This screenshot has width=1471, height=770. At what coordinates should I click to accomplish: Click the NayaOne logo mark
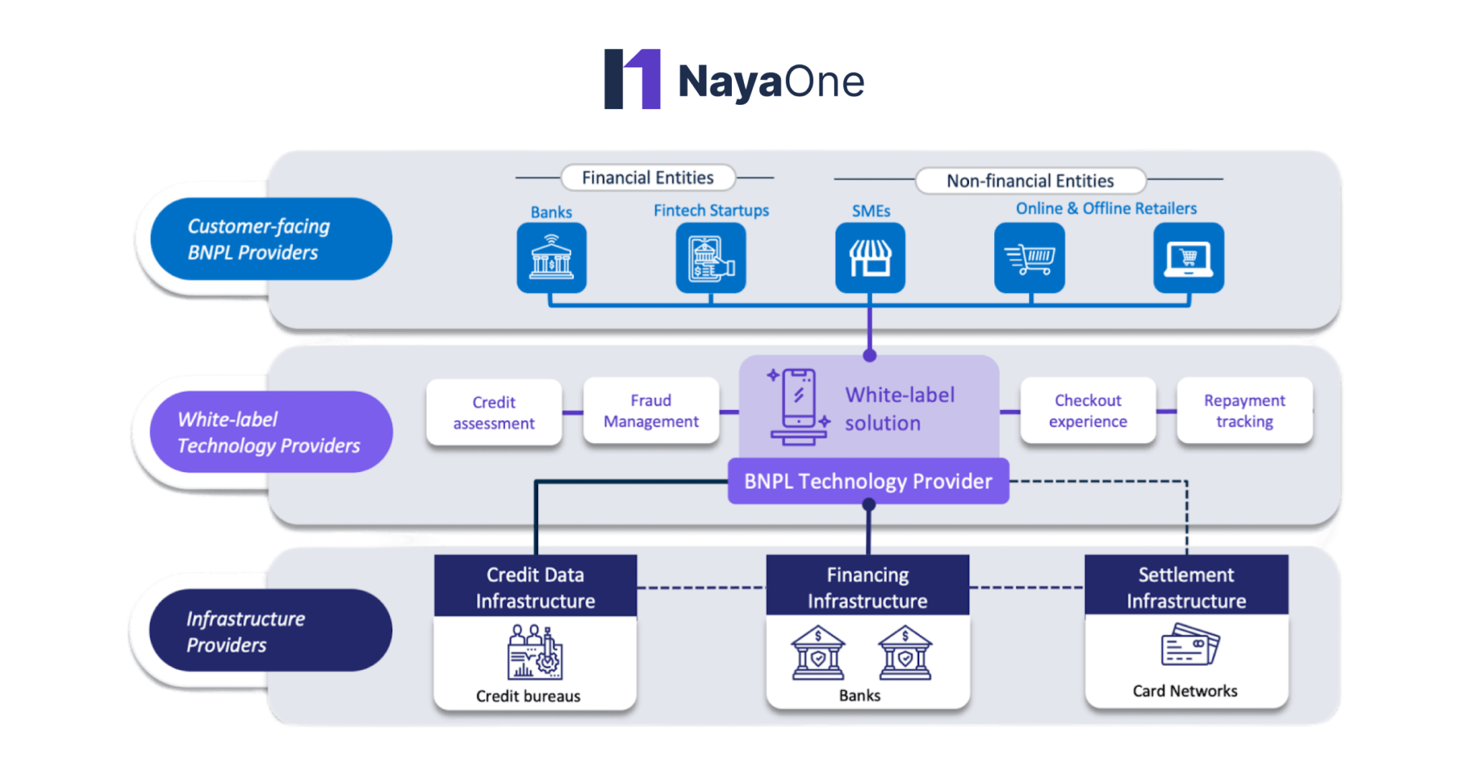(x=632, y=79)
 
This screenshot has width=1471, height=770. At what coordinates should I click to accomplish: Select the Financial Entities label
(x=647, y=177)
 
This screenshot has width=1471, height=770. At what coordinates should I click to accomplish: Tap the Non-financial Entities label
(x=1030, y=180)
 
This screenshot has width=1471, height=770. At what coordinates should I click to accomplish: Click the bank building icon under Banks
(x=552, y=258)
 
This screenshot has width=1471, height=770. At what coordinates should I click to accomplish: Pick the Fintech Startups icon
(x=710, y=258)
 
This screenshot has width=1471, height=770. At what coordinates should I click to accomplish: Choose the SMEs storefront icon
(x=870, y=258)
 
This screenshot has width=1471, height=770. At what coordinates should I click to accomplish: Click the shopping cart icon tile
(x=1029, y=258)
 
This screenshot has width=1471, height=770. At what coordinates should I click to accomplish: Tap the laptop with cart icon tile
(x=1189, y=258)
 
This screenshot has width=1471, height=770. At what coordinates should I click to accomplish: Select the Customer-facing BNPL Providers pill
(x=271, y=239)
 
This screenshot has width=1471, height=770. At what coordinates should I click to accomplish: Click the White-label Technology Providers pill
(x=271, y=432)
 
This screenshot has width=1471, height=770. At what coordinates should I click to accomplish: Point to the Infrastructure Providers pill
(x=271, y=631)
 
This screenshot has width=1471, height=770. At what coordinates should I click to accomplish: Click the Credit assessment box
(x=494, y=412)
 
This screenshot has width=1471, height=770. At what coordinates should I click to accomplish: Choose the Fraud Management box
(x=651, y=411)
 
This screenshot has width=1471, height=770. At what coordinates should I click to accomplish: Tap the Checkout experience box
(x=1087, y=411)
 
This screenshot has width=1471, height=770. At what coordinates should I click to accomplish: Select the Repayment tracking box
(x=1245, y=411)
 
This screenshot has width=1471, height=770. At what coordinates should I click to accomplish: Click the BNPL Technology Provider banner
(x=868, y=481)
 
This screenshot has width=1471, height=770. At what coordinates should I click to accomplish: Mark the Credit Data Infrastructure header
(x=535, y=587)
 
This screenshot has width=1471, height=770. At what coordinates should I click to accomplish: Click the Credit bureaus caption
(x=528, y=695)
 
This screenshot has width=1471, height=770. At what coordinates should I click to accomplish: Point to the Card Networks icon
(x=1189, y=644)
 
